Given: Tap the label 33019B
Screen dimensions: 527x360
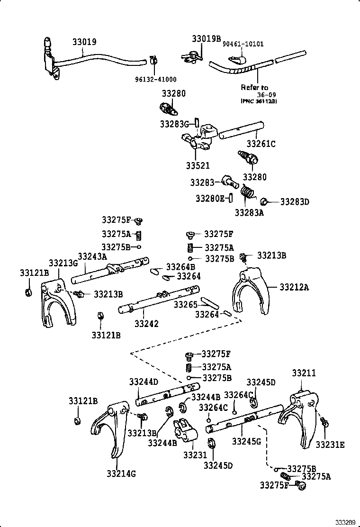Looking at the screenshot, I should click(x=206, y=38).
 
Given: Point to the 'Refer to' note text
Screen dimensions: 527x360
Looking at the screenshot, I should click(x=254, y=87).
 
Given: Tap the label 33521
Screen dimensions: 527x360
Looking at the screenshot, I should click(x=198, y=166).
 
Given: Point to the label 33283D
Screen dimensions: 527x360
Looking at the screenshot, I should click(x=294, y=202).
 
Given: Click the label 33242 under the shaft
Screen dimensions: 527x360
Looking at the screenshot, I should click(x=146, y=324).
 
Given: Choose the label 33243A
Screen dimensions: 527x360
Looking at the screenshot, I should click(x=92, y=256).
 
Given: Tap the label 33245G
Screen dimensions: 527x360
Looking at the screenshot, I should click(x=246, y=441).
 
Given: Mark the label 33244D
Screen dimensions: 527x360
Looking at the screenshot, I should click(x=144, y=382).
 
